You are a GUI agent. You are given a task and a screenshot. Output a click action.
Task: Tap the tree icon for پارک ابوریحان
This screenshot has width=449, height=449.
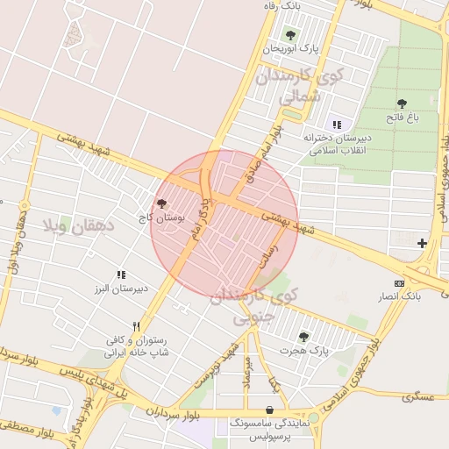(x=290, y=34)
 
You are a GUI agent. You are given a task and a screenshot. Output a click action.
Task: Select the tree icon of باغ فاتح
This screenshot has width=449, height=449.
(x=402, y=103)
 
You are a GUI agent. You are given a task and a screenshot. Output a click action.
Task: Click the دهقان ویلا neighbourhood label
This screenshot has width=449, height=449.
(x=78, y=225)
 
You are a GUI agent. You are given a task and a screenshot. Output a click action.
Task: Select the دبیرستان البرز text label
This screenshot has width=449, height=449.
(x=122, y=288)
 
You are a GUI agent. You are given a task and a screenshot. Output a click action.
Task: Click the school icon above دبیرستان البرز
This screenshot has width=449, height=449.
(x=121, y=274)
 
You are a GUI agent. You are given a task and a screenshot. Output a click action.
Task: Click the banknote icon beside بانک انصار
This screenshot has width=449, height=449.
(x=400, y=283)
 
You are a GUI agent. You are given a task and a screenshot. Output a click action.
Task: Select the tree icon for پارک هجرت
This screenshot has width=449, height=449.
(x=303, y=336)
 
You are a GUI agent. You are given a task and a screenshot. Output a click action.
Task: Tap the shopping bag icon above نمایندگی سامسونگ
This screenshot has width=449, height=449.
(x=267, y=410)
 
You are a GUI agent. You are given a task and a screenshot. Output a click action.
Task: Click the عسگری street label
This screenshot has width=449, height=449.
(x=418, y=397)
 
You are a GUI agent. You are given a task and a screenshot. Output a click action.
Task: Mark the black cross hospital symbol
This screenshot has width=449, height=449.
(x=423, y=242)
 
